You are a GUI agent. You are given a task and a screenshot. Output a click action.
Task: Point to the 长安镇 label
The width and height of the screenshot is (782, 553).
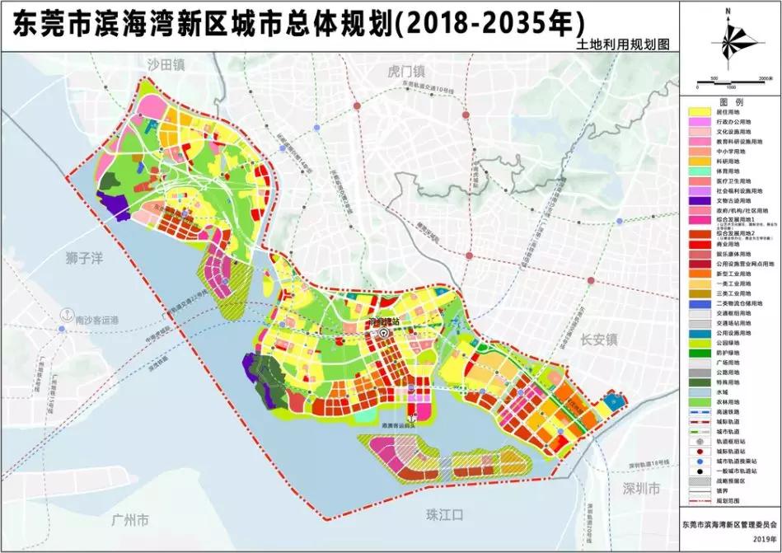(597, 339)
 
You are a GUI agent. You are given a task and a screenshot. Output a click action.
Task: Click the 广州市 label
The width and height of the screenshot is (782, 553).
(129, 520)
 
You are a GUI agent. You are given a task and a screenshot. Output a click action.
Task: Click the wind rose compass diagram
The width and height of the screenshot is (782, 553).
(730, 45)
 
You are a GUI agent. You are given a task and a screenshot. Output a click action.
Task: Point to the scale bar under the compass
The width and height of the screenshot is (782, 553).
(730, 82)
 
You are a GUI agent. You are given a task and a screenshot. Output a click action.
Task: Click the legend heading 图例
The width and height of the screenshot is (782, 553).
(731, 101)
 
